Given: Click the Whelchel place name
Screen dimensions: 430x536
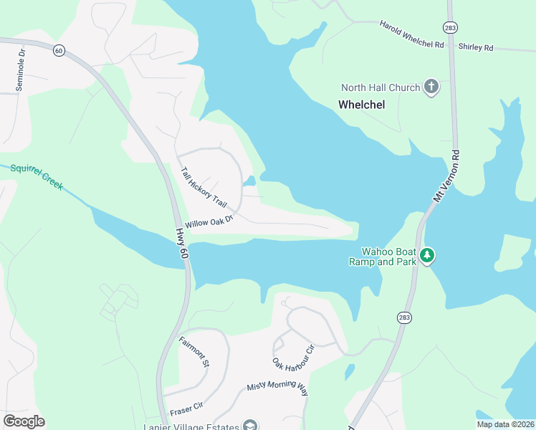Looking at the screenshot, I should click(361, 105).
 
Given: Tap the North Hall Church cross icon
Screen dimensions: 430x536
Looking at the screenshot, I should click(431, 87).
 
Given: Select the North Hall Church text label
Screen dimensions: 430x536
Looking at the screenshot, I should click(380, 88).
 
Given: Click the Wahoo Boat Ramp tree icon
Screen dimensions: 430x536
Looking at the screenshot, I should click(427, 255).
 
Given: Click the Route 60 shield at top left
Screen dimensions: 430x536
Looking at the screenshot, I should click(59, 49).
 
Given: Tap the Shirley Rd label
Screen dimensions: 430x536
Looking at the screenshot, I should click(476, 47).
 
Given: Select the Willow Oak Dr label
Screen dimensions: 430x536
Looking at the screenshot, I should click(209, 222).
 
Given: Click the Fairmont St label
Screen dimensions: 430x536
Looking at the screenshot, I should click(193, 351).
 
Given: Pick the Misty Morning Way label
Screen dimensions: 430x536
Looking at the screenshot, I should click(277, 388).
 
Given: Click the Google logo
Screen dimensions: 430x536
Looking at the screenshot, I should click(24, 421).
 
